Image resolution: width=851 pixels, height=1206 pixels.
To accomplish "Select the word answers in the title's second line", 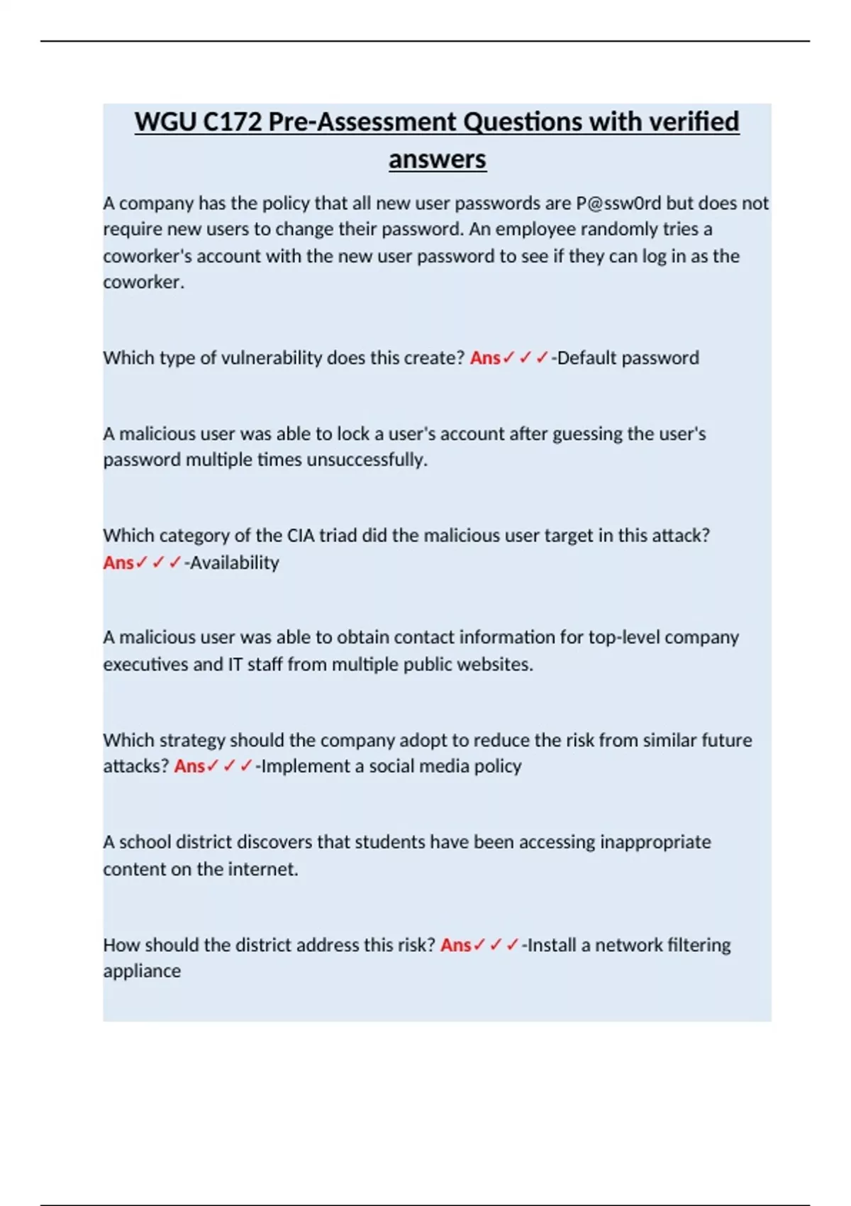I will (437, 159).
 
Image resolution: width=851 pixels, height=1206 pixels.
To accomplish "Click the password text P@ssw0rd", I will (618, 204).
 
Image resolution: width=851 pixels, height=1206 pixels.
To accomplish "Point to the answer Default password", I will (628, 358).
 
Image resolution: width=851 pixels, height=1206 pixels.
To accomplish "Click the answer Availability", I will (235, 563).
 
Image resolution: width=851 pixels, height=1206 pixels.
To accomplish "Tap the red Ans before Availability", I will (118, 563).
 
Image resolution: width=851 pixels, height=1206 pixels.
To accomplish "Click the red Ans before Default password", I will (485, 358).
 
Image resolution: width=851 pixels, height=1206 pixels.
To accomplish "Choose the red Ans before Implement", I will (189, 766).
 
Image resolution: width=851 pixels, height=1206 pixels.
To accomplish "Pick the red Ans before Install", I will (455, 945).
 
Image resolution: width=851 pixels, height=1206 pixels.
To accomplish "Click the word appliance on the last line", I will (142, 971).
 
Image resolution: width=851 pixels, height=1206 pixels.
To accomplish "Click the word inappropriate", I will (655, 842).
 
